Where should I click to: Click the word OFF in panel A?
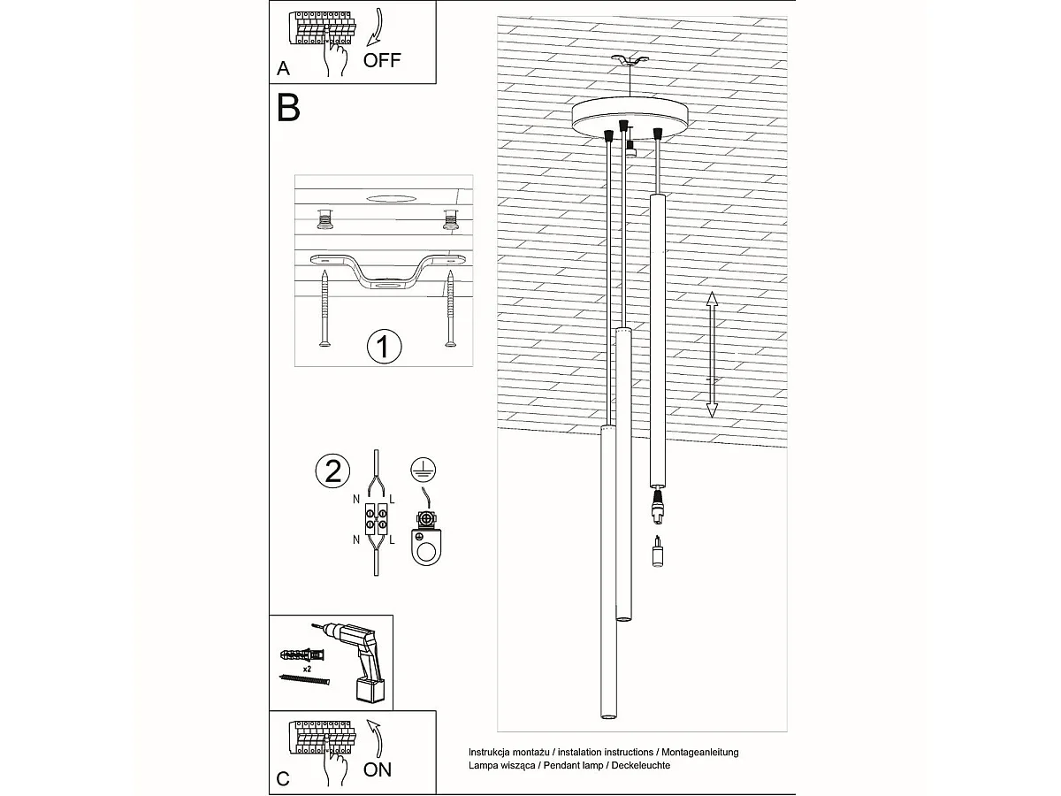pyautogui.click(x=382, y=60)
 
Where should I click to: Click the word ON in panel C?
pyautogui.click(x=377, y=769)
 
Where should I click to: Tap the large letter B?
pyautogui.click(x=288, y=108)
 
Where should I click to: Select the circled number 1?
pyautogui.click(x=385, y=347)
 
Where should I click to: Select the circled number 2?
pyautogui.click(x=333, y=471)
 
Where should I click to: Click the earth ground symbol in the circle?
pyautogui.click(x=424, y=470)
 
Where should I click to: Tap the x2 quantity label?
pyautogui.click(x=307, y=669)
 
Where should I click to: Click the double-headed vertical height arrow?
pyautogui.click(x=712, y=355)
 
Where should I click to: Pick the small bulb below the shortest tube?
pyautogui.click(x=657, y=551)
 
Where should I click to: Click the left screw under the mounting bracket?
pyautogui.click(x=325, y=309)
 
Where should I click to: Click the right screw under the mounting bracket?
pyautogui.click(x=451, y=309)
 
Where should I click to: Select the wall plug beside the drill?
pyautogui.click(x=302, y=655)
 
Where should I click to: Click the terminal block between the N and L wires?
pyautogui.click(x=376, y=518)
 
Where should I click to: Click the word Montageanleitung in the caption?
pyautogui.click(x=700, y=752)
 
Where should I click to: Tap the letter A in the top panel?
pyautogui.click(x=283, y=68)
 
